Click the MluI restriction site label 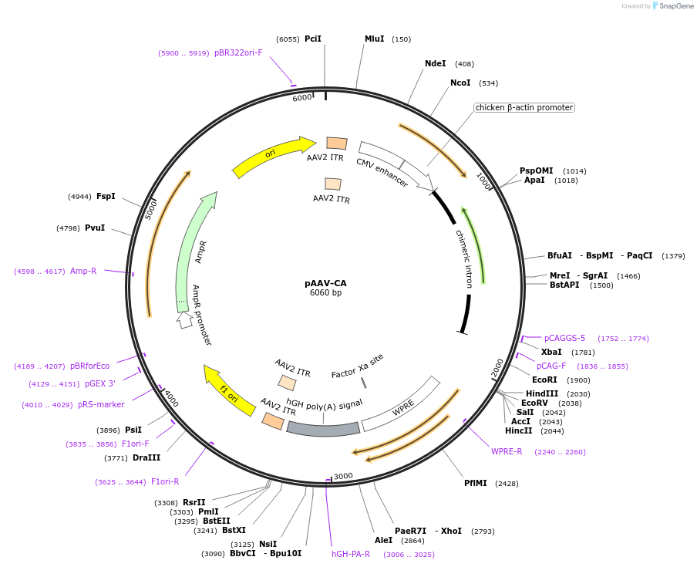tap(375, 39)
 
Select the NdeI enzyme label tap(436, 64)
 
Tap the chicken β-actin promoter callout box tap(524, 108)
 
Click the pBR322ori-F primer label tap(238, 52)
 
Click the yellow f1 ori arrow tap(228, 390)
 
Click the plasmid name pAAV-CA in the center tap(325, 283)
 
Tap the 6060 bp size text tap(325, 293)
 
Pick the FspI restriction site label tap(106, 197)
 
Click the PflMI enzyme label tap(476, 484)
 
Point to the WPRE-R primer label tap(507, 452)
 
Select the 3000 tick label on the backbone tap(343, 476)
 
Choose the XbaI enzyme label tap(551, 353)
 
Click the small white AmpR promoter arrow tap(184, 319)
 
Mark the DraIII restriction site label tap(146, 458)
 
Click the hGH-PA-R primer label tap(351, 554)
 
